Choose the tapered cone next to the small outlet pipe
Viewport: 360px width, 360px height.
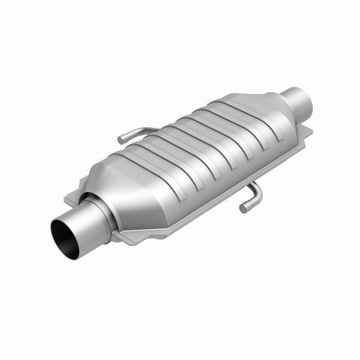coord(270,108)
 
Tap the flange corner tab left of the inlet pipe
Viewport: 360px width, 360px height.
coord(72,198)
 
